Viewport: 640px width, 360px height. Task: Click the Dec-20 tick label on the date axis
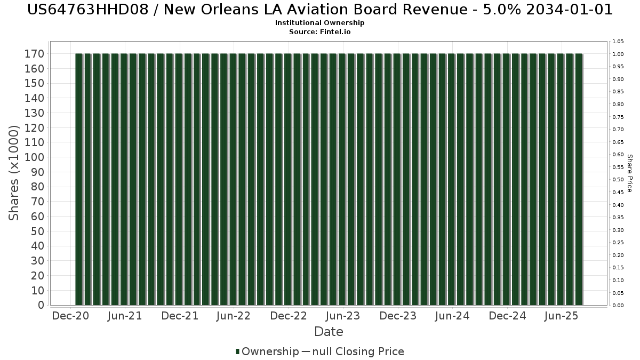click(x=70, y=316)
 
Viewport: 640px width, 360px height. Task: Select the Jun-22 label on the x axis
click(x=234, y=316)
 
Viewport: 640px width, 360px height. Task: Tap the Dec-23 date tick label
click(x=398, y=316)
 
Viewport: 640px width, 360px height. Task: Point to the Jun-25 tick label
click(x=562, y=316)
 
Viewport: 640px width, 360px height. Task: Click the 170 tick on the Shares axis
click(x=34, y=54)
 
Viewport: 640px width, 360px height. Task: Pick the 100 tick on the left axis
click(x=34, y=157)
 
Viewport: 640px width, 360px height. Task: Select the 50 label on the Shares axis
click(x=37, y=231)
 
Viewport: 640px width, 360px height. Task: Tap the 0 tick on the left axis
click(x=41, y=305)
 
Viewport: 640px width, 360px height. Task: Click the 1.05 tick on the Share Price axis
click(x=618, y=42)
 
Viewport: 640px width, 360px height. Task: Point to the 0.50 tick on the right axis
click(x=618, y=180)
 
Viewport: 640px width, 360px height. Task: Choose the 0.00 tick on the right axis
click(x=618, y=305)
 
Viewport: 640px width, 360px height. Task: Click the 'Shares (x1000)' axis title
click(x=14, y=173)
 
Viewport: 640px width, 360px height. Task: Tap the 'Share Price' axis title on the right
click(x=630, y=173)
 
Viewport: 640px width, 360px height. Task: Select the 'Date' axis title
click(x=329, y=332)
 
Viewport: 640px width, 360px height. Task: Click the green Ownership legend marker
click(x=237, y=351)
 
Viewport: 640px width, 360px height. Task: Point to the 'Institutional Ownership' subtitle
click(x=320, y=23)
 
